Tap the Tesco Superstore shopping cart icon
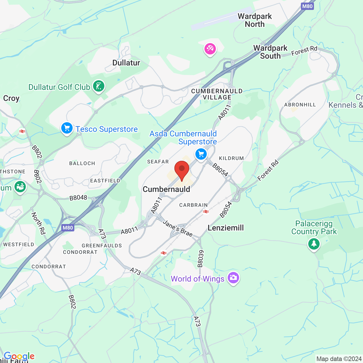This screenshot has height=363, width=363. click(x=67, y=128)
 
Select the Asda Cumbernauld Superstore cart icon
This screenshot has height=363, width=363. click(x=201, y=155)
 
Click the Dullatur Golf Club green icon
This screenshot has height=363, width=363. click(x=99, y=86)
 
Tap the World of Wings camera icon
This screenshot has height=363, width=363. click(x=233, y=278)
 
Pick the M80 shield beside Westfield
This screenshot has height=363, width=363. click(x=68, y=228)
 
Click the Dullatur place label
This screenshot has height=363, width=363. click(x=126, y=63)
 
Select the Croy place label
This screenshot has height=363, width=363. click(x=11, y=98)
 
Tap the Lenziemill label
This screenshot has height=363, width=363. click(x=226, y=228)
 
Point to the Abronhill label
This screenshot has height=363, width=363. click(x=300, y=105)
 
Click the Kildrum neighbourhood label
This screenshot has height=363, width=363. click(x=231, y=158)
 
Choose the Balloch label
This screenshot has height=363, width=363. click(x=82, y=163)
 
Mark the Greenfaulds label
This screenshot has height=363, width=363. click(x=102, y=246)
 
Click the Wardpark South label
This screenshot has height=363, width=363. click(x=270, y=52)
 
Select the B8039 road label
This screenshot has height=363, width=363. click(x=201, y=259)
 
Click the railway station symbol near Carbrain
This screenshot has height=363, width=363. click(x=206, y=212)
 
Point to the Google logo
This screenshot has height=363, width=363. click(x=19, y=356)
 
